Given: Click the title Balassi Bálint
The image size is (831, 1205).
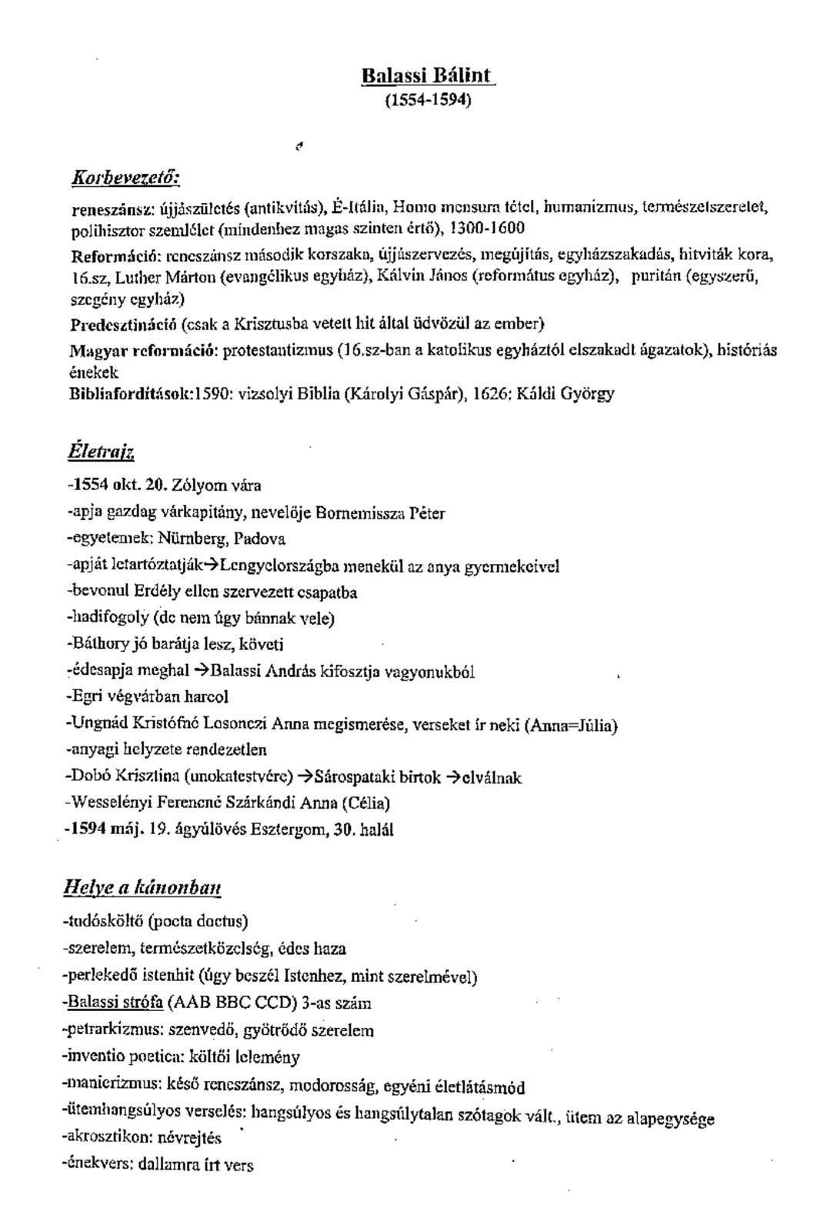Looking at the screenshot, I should (429, 77).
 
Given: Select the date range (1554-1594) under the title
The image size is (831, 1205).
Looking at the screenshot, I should (429, 100).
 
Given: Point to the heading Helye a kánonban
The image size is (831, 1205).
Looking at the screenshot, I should (142, 888).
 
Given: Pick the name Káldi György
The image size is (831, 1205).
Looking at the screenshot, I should (566, 394).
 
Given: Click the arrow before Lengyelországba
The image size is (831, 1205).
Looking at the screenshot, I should (212, 566).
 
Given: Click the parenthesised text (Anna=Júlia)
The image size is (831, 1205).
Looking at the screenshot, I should (571, 725).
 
